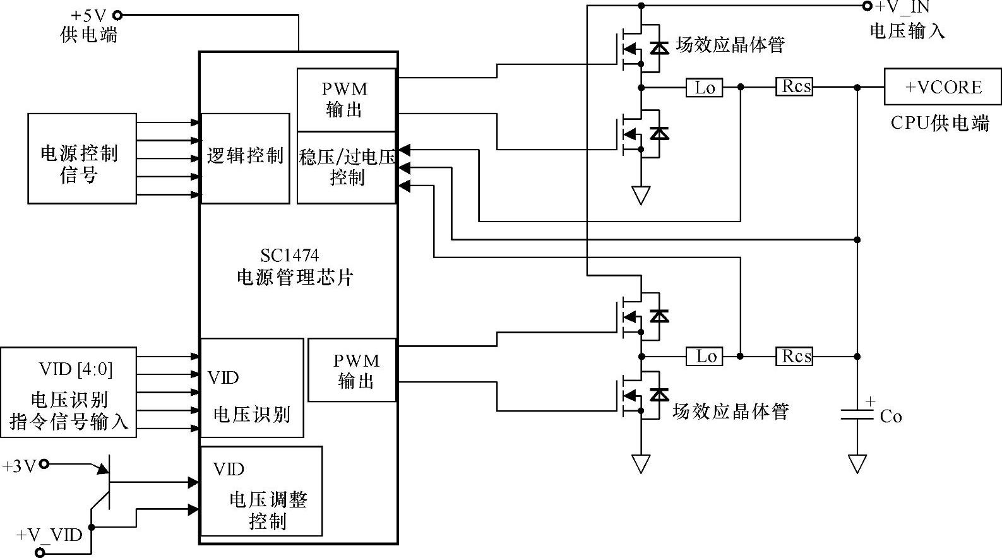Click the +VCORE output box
[x=942, y=87]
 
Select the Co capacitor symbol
[x=857, y=414]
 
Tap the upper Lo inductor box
[x=704, y=88]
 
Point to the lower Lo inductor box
[x=704, y=357]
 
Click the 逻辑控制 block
[x=245, y=158]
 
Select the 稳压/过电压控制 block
[x=347, y=167]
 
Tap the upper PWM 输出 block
[x=346, y=100]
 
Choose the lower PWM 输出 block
[x=352, y=370]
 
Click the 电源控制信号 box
[x=82, y=158]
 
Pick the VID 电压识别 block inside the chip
[x=252, y=388]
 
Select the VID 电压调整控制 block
[x=261, y=491]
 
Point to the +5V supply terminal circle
[x=117, y=16]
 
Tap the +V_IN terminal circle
[x=867, y=6]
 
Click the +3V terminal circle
[x=44, y=465]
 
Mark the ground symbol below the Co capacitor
[x=857, y=464]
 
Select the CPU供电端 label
[x=939, y=122]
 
